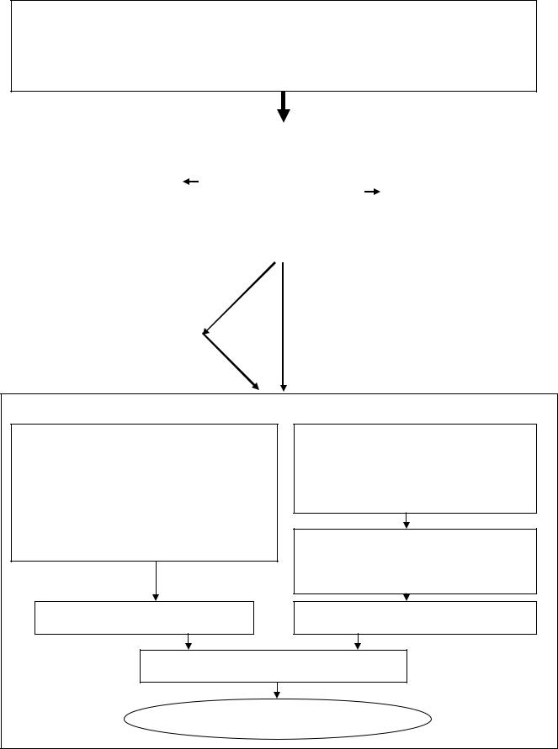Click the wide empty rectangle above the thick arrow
274,45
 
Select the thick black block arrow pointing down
284,107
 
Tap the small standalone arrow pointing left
190,182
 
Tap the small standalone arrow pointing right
372,192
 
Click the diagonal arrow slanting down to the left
240,298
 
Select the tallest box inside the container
144,492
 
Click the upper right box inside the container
415,468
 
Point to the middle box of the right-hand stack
415,561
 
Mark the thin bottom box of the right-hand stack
415,617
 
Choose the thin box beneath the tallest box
144,617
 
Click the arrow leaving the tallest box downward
157,581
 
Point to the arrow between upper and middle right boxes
407,520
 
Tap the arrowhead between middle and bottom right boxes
407,597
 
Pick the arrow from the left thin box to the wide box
188,641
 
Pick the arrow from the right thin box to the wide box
358,641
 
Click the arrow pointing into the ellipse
277,689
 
